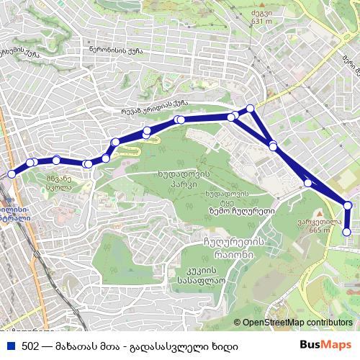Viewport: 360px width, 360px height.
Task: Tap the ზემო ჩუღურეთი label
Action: (x=233, y=211)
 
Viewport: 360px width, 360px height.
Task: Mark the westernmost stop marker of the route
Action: (x=11, y=174)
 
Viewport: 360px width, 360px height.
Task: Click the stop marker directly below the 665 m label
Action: (x=347, y=233)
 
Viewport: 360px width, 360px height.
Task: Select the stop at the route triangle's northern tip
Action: (x=251, y=108)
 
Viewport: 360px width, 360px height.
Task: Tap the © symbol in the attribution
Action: (x=237, y=323)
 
